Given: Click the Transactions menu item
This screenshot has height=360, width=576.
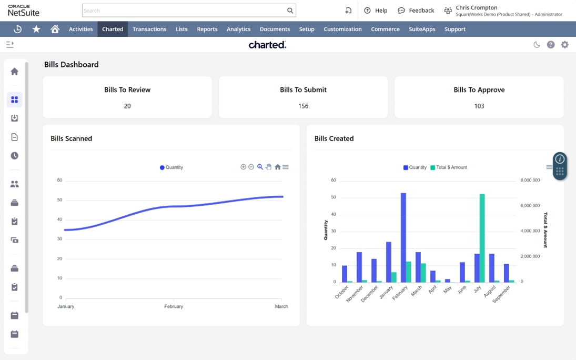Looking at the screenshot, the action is [149, 29].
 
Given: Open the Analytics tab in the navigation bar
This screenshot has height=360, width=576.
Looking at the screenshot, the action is [238, 29].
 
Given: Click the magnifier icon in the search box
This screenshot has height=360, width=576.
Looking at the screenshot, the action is [290, 11].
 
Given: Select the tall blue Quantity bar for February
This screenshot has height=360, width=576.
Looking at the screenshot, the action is [403, 237].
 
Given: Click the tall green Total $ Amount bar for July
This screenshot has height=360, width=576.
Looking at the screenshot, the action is [482, 238].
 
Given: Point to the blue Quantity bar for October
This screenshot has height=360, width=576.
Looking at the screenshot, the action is [345, 274].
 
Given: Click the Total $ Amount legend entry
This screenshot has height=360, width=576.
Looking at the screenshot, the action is [449, 167].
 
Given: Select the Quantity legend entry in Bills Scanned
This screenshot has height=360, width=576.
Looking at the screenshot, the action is [171, 167].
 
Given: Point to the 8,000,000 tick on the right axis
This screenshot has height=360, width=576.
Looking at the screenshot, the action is [530, 180].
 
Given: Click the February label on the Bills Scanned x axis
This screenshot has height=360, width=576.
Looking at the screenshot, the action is [174, 306].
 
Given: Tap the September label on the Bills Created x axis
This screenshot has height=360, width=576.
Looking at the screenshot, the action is [502, 294].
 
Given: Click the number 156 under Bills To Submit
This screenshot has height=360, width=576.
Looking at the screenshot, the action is [303, 106].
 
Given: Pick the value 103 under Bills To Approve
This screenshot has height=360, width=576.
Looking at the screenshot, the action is [479, 106].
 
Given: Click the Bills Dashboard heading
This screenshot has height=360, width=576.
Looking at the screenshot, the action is [71, 64].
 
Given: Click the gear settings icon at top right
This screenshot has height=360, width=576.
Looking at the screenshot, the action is [564, 45].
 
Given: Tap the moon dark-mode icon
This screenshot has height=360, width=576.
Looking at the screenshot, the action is [537, 45].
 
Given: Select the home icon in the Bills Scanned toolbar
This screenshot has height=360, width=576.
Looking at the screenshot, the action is [278, 167].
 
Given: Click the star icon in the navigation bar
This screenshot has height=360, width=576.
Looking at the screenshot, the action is [36, 29].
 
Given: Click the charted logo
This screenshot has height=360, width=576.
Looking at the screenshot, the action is [267, 45].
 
